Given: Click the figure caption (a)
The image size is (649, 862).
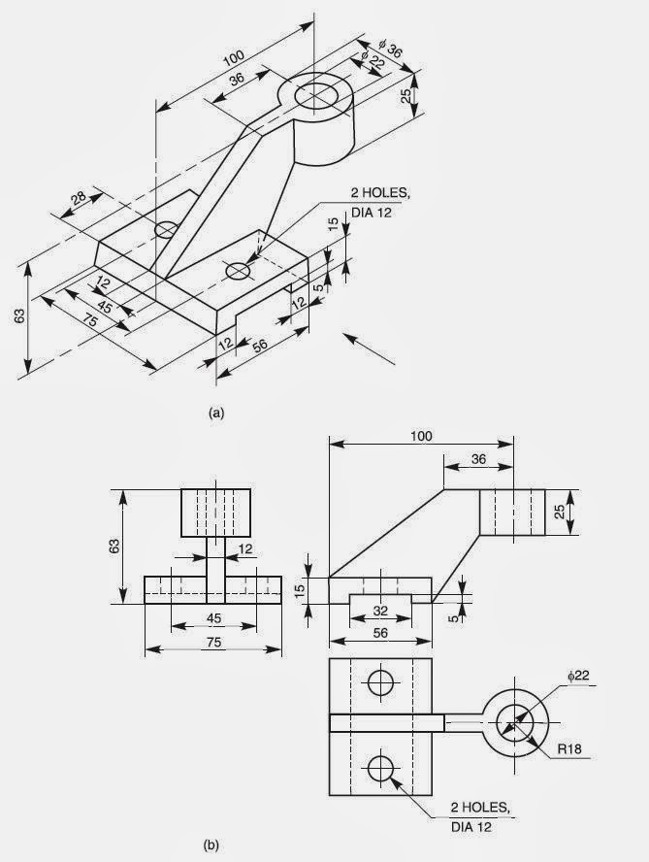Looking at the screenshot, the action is (x=217, y=413).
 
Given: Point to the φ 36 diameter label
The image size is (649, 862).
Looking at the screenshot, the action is (x=391, y=49).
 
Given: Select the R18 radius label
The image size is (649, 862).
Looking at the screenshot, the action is (x=569, y=748).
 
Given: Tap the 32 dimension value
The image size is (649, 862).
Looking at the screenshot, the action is (x=380, y=611).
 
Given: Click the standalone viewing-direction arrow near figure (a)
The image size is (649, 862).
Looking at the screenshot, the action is (x=369, y=348).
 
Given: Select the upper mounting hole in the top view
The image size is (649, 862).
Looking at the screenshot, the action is (x=381, y=682).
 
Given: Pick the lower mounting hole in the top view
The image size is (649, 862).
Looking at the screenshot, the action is (x=381, y=768).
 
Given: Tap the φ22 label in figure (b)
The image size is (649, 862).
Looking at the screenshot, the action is (x=578, y=675).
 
